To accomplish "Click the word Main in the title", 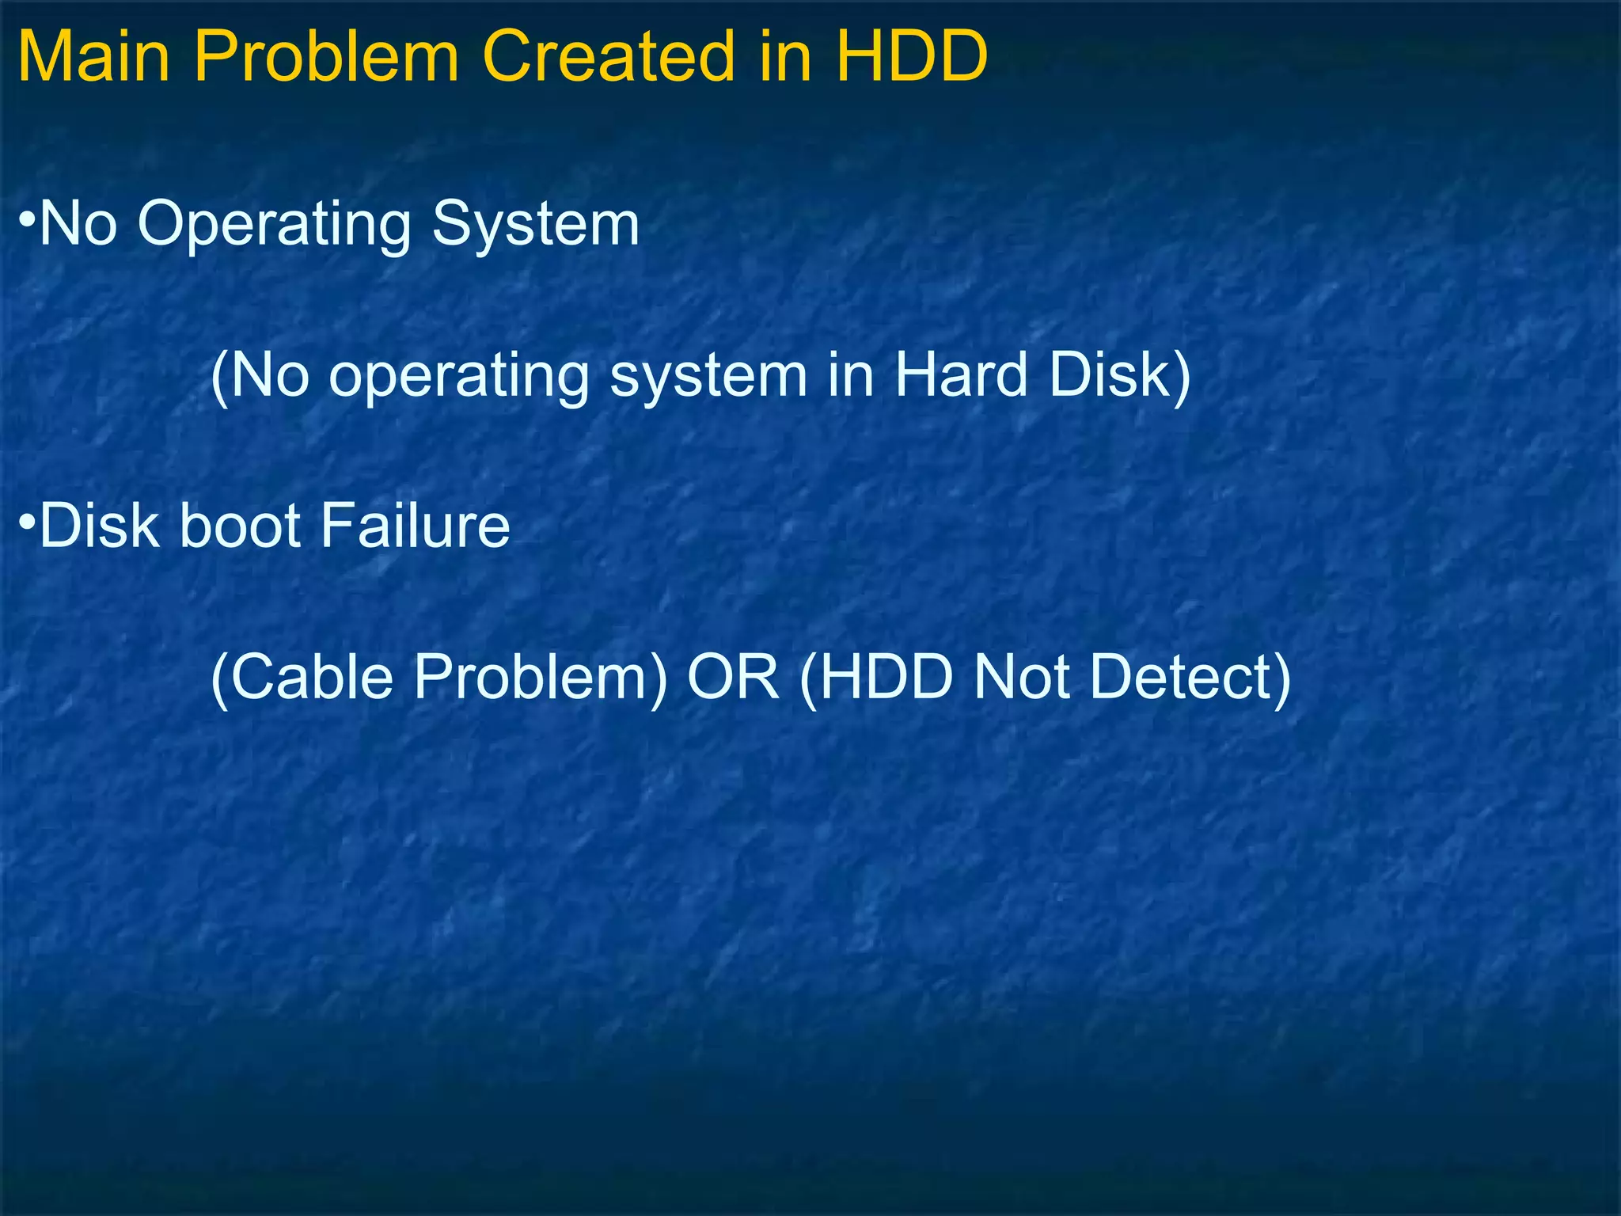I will [x=93, y=57].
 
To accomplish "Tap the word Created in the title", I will [x=608, y=57].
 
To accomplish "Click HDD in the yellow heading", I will [x=911, y=57].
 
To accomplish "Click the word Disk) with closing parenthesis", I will [x=1119, y=375].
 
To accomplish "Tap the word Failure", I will [x=416, y=526].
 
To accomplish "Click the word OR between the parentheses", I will [x=733, y=678].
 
